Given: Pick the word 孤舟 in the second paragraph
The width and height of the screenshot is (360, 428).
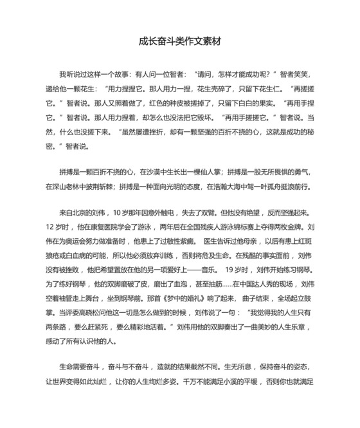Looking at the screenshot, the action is point(271,187).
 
